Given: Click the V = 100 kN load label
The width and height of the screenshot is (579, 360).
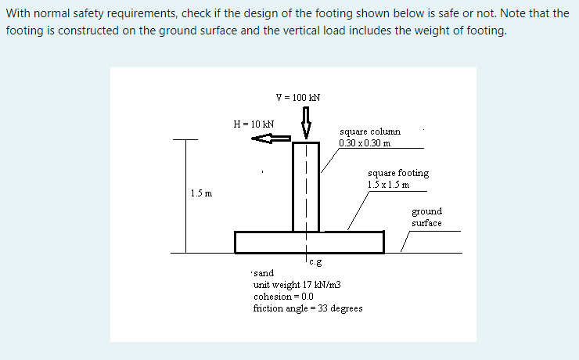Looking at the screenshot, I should (298, 98).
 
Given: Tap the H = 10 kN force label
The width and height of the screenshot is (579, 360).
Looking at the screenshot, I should (254, 124).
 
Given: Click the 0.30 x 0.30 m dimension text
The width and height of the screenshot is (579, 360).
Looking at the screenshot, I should (365, 142).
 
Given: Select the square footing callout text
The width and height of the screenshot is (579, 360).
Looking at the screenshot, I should (397, 173).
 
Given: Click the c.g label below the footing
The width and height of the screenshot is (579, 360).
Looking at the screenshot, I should (315, 262).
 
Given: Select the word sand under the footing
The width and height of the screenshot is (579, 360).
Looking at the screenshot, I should (264, 273).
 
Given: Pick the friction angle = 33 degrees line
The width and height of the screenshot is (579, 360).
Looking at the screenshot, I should (308, 308).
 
